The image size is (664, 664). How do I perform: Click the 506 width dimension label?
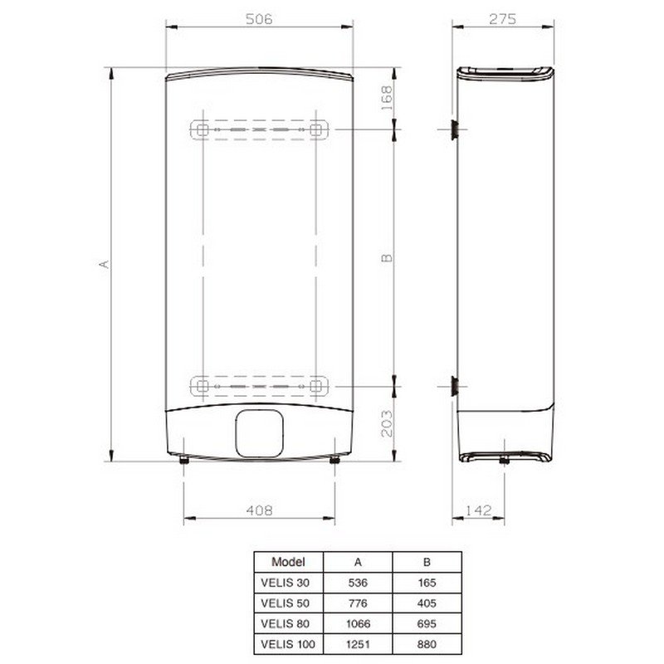[x=259, y=19]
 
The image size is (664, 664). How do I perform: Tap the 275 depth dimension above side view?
[x=503, y=19]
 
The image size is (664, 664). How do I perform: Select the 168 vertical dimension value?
[x=387, y=98]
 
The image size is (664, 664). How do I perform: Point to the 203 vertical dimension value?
[x=387, y=423]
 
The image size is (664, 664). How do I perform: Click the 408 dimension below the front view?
[x=259, y=510]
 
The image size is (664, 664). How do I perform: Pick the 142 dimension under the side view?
[x=479, y=510]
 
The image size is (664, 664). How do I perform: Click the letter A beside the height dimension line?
[x=105, y=264]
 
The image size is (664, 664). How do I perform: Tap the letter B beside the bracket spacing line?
[x=387, y=258]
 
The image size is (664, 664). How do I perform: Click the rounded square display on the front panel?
[x=259, y=433]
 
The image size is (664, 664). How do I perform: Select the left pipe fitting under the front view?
[x=183, y=460]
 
